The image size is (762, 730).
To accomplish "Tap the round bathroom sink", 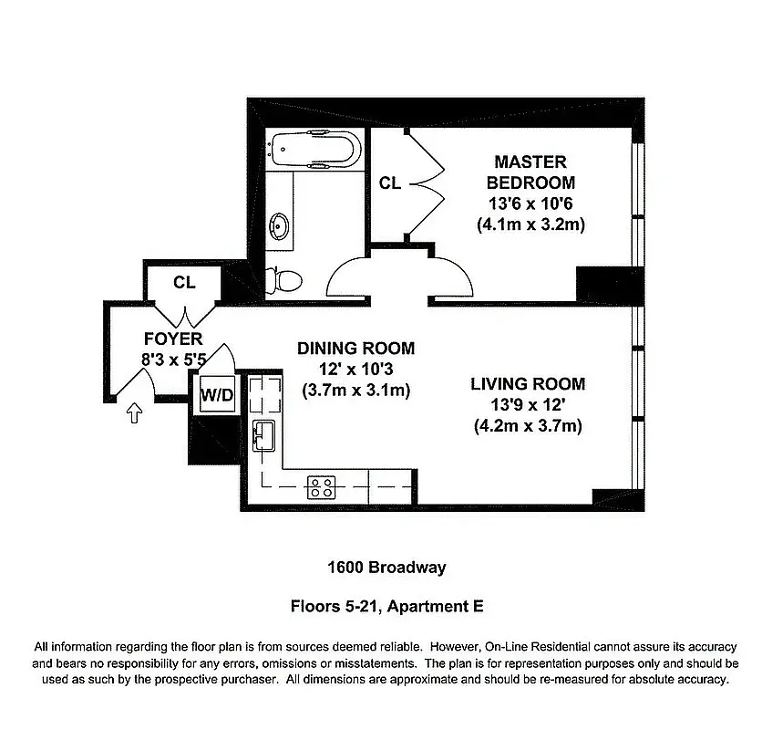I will coord(280,225).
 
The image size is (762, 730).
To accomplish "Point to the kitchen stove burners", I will coord(321,486).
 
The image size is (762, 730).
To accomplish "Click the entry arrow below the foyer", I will coord(135,414).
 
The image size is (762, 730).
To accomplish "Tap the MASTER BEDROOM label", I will coord(530,172).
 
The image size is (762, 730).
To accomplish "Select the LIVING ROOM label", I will coord(528,384).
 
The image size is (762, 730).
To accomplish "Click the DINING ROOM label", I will coord(355,349).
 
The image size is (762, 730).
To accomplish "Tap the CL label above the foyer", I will coord(184,283).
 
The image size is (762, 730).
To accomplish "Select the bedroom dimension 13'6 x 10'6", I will coord(530,203).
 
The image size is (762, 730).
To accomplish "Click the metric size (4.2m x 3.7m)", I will coord(528,426).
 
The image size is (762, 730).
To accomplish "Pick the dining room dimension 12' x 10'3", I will coord(355,370).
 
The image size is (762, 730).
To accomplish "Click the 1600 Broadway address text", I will coord(386,568).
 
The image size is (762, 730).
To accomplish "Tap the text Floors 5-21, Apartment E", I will coord(386,604).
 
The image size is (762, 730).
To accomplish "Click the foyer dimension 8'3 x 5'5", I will coord(172,360).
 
